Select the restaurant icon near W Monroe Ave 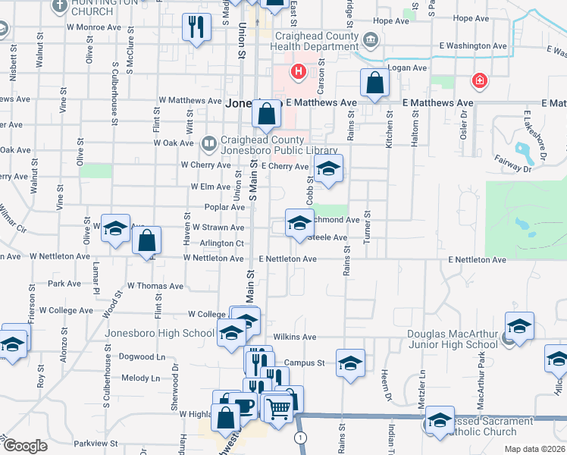coord(196,28)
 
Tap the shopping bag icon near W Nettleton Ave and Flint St coord(147,241)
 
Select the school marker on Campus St coord(349,363)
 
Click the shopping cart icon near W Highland coord(279,409)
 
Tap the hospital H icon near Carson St coord(299,72)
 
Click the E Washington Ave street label coord(473,45)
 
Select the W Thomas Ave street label coord(155,286)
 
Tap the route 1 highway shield coord(302,438)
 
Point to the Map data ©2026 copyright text coord(535,450)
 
